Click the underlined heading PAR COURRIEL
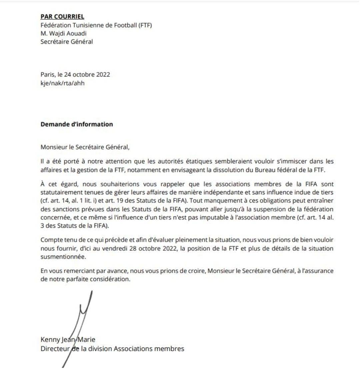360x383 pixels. (62, 16)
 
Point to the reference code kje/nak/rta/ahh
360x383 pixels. (63, 83)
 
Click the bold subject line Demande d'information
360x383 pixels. (77, 124)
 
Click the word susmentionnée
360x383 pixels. (63, 257)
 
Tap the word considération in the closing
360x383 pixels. (111, 279)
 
